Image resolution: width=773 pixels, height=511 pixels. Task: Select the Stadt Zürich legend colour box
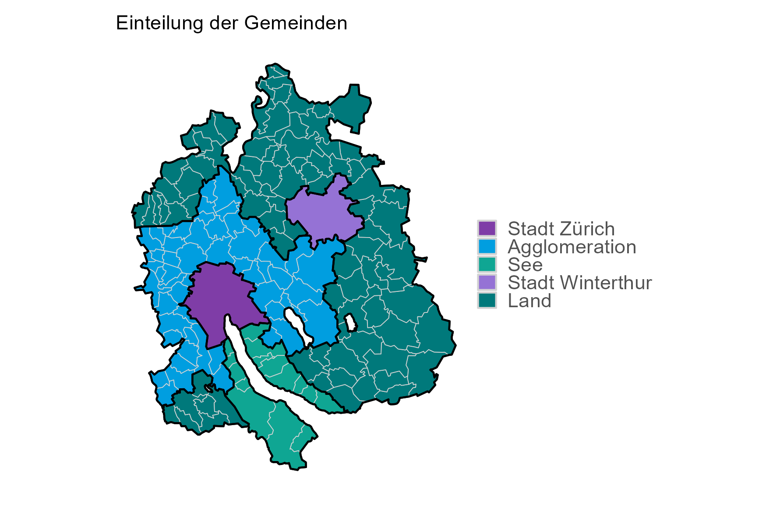[x=487, y=228]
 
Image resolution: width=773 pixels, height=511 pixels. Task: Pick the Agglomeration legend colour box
[x=487, y=246]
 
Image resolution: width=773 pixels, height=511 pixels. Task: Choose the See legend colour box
[x=487, y=264]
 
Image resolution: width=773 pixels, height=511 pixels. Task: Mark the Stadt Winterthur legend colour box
[x=487, y=283]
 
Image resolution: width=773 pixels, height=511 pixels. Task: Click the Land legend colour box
[x=487, y=301]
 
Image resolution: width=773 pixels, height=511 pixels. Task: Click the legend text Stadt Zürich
[x=561, y=229]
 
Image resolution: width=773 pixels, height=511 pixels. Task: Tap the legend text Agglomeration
[x=572, y=247]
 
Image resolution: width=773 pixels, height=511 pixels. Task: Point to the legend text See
[x=525, y=265]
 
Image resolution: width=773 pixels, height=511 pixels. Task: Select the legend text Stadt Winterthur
[x=579, y=283]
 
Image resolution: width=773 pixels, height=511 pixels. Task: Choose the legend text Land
[x=529, y=301]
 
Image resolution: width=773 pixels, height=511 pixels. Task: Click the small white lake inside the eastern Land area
[x=351, y=323]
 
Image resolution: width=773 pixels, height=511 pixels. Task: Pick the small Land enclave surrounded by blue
[x=202, y=381]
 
